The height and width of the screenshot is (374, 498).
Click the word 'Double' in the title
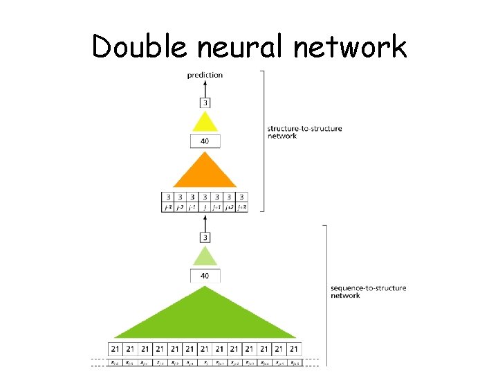click(x=139, y=47)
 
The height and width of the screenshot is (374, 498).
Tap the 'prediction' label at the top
click(x=205, y=75)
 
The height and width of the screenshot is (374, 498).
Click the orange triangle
click(x=205, y=172)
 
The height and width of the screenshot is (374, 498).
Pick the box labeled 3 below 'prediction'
click(x=205, y=103)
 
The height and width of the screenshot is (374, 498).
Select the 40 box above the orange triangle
click(x=205, y=141)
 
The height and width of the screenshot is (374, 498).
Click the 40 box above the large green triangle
click(x=205, y=276)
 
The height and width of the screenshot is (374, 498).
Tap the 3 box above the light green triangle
click(x=205, y=238)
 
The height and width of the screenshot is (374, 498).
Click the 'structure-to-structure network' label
click(x=295, y=132)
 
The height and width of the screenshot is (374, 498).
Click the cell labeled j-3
click(x=167, y=206)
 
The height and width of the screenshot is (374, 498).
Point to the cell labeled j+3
click(x=242, y=206)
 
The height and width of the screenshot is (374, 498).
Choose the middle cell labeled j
click(x=205, y=206)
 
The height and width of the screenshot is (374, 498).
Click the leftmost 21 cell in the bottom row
click(x=115, y=348)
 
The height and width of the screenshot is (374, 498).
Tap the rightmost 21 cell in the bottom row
click(x=295, y=348)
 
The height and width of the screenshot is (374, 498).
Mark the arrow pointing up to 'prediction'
click(x=205, y=89)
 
